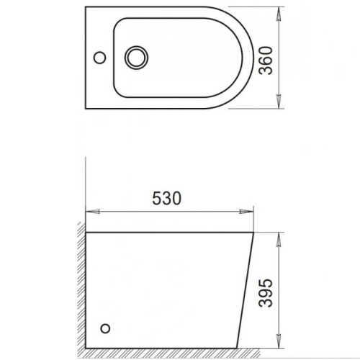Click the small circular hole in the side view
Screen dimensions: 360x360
click(106, 329)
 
